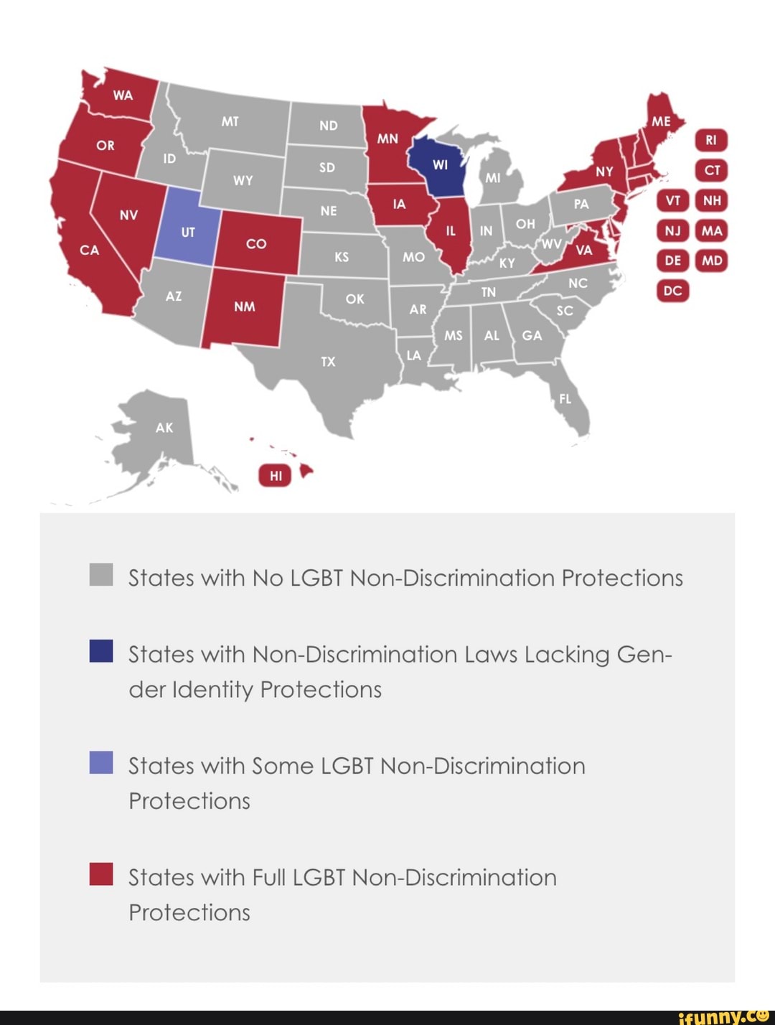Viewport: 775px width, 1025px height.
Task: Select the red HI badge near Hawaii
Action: point(276,475)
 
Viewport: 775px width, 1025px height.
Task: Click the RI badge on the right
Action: point(711,141)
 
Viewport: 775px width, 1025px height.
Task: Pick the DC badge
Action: point(672,291)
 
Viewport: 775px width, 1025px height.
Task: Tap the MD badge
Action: point(712,261)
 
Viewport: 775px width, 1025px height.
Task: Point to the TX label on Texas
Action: point(328,362)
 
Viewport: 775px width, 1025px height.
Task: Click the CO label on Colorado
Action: point(256,244)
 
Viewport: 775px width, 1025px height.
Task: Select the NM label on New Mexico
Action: point(245,306)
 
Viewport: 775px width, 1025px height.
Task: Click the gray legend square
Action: point(101,575)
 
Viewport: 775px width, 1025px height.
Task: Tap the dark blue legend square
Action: point(101,650)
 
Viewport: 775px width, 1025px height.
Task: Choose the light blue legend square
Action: point(101,762)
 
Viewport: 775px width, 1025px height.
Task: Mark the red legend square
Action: point(101,874)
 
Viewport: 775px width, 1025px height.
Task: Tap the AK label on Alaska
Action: point(164,428)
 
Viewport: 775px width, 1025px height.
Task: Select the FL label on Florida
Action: point(565,399)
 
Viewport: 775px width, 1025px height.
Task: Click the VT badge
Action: point(672,200)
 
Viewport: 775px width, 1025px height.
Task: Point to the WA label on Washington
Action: point(123,95)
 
